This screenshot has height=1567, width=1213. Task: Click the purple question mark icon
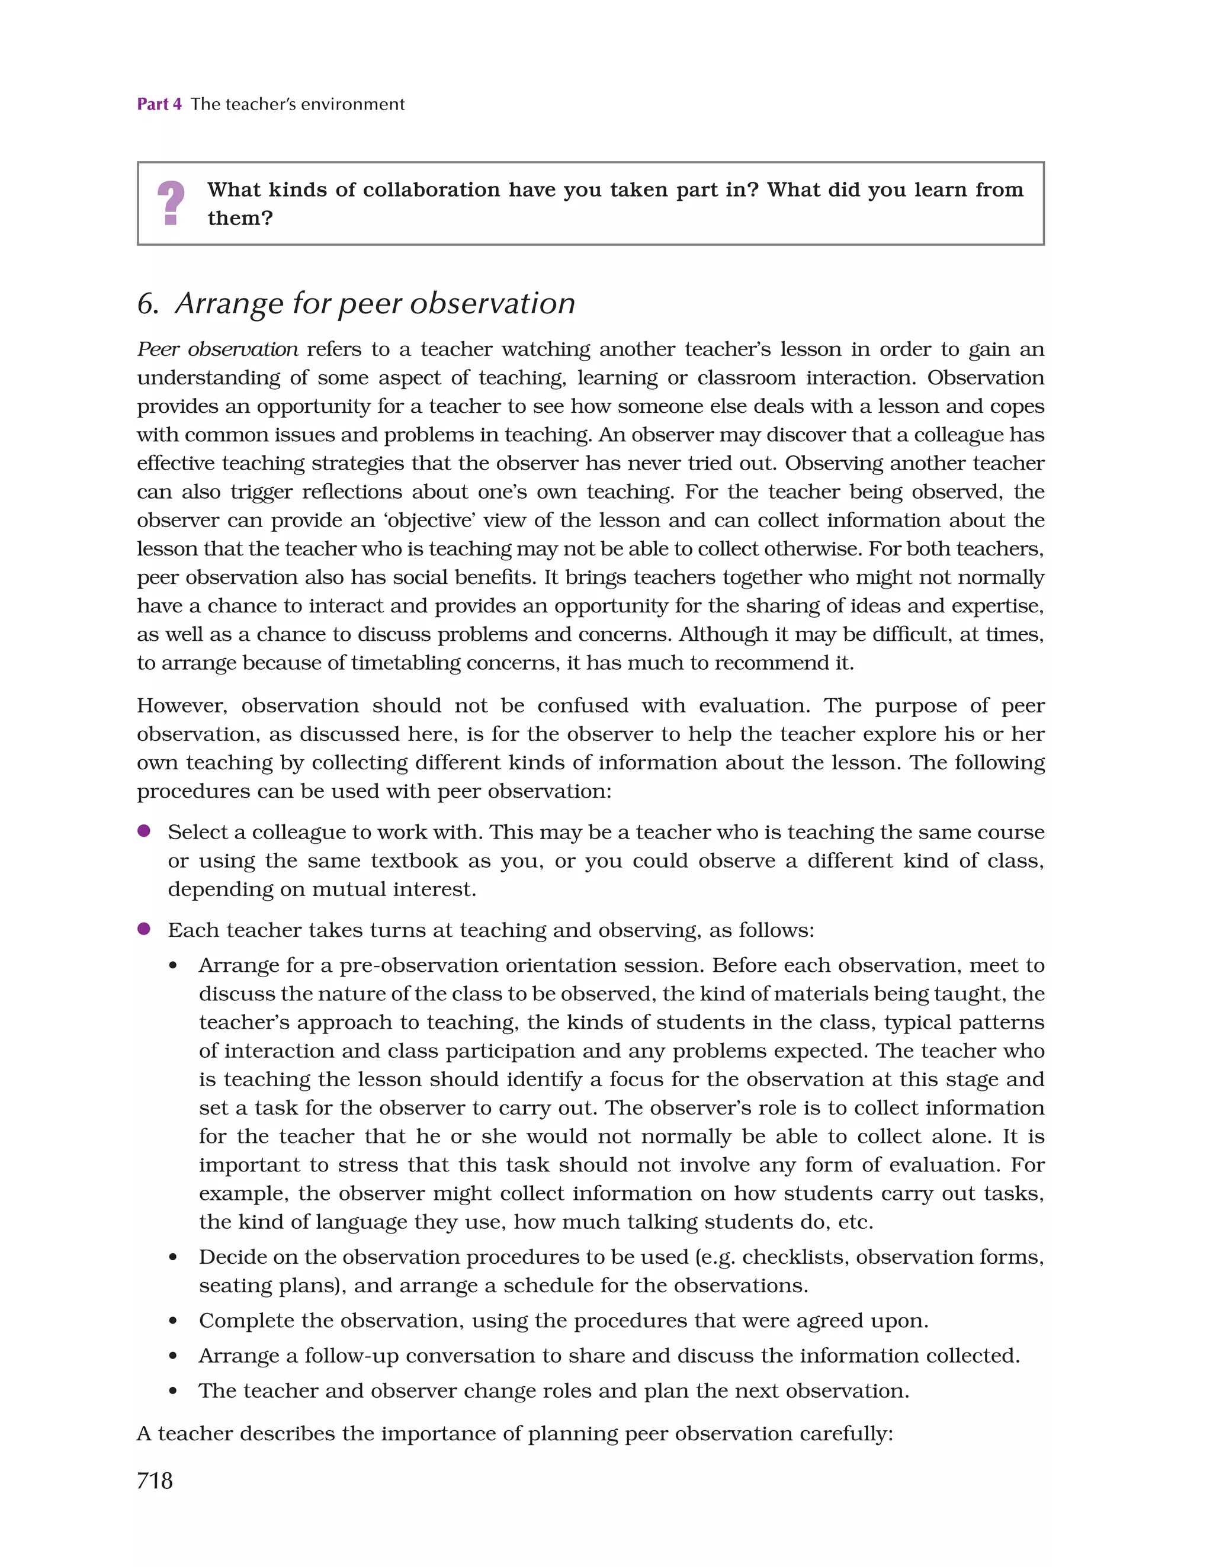171,203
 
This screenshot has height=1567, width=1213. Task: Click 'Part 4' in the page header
159,104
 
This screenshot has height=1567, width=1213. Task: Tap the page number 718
155,1480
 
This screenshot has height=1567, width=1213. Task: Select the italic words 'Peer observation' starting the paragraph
217,349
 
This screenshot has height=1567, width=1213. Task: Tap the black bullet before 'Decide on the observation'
173,1258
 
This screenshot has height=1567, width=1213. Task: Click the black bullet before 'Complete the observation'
173,1322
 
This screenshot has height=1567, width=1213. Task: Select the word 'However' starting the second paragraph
181,706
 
